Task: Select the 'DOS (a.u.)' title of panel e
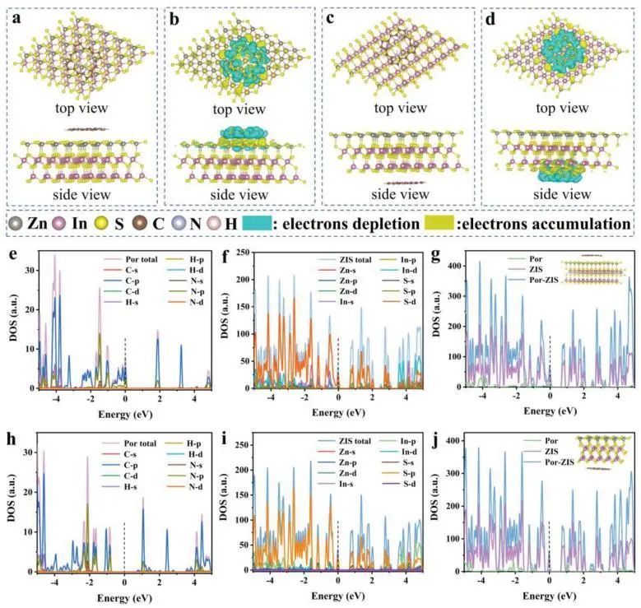[11, 323]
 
